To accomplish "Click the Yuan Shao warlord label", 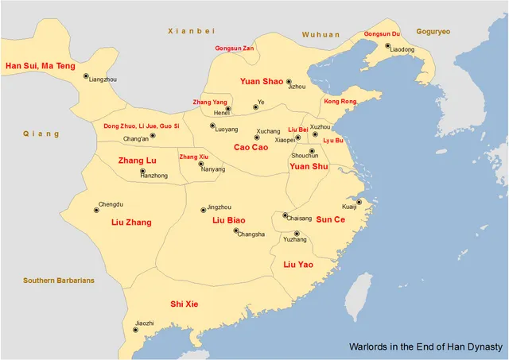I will coord(262,81).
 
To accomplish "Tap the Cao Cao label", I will coord(251,147).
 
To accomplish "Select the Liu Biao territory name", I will coord(229,219).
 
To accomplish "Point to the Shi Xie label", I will coord(185,304).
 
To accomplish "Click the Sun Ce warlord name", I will coord(330,219).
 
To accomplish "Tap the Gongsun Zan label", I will coord(235,48).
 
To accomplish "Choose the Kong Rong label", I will coord(340,102).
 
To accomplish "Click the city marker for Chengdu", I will coord(96,211).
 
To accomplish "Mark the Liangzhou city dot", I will coord(86,76).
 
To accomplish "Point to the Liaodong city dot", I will coord(388,46).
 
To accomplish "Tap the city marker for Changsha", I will coord(236,231).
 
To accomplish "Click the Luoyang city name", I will coord(226,130).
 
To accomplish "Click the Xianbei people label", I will coord(192,30).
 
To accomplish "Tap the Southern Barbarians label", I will coord(59,281).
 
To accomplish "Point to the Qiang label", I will coord(41,134).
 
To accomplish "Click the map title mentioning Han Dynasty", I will coord(425,347).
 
